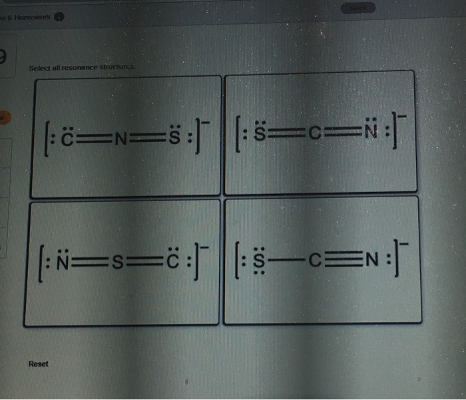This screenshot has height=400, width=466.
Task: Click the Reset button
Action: tap(39, 364)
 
